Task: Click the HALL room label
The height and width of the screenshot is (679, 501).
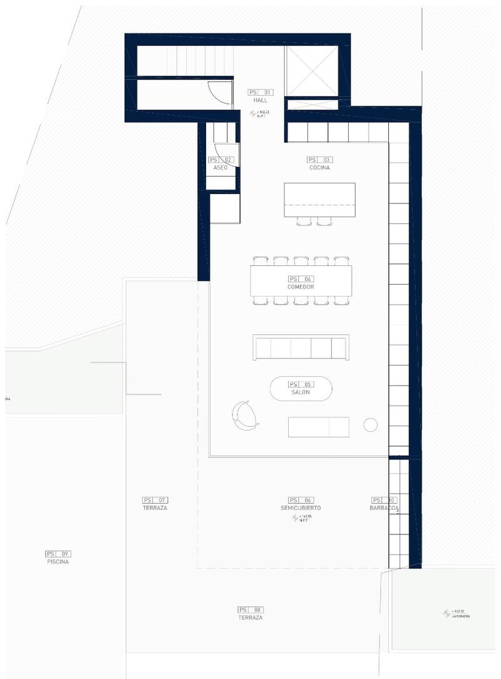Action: (261, 100)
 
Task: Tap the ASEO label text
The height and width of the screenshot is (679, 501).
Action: (220, 168)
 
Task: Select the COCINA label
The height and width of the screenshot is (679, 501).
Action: (319, 168)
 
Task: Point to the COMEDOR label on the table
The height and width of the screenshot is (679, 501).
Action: (301, 287)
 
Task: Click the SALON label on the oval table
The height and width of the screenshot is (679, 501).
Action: (301, 392)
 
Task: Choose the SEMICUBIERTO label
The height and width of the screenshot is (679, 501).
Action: (301, 508)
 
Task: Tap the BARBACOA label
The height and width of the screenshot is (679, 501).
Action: (384, 508)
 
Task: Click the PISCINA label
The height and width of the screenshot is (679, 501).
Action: (58, 562)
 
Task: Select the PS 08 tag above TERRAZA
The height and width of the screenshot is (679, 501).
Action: (250, 610)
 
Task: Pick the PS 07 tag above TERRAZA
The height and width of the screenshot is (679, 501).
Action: (155, 500)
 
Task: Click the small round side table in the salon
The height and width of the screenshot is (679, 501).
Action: (371, 425)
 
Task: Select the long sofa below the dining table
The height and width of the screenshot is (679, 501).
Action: (301, 347)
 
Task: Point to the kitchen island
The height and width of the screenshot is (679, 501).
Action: (319, 199)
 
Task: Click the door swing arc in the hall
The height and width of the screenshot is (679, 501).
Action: (214, 94)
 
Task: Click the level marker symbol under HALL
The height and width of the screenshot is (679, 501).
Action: (254, 114)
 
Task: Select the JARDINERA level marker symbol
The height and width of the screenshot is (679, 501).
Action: (447, 613)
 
